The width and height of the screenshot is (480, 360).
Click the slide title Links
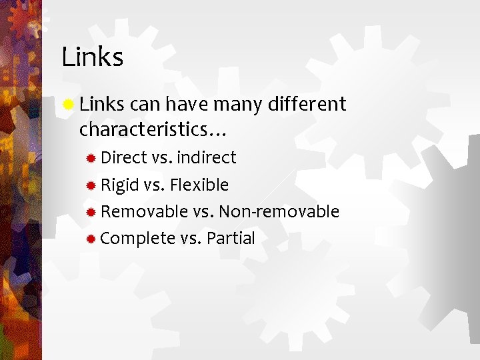click(93, 57)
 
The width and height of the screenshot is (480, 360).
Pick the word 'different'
click(306, 104)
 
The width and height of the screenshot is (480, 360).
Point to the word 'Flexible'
click(199, 185)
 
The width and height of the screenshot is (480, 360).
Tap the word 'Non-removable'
click(279, 212)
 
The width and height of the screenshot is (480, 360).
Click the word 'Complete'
click(138, 239)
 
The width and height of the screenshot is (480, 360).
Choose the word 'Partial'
click(231, 239)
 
